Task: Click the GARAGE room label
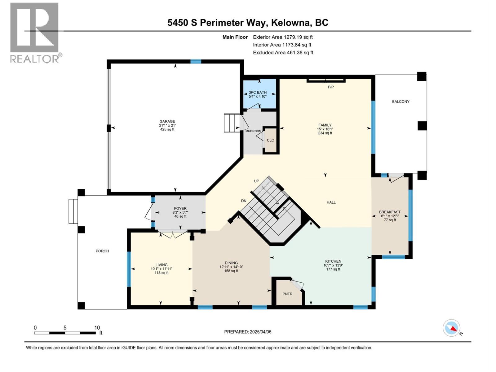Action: click(167, 122)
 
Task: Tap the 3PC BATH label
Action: click(258, 92)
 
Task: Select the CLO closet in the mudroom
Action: click(270, 140)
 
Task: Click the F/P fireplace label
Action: click(331, 87)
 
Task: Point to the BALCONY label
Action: click(401, 102)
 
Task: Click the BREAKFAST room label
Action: click(390, 212)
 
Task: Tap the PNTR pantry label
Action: click(287, 294)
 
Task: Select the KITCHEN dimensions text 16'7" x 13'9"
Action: click(333, 265)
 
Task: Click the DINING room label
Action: click(231, 263)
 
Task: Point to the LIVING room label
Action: click(162, 265)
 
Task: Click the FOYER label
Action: click(180, 209)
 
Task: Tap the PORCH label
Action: click(102, 251)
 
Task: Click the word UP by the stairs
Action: click(256, 181)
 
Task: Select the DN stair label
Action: click(244, 201)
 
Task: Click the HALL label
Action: click(331, 202)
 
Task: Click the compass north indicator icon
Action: click(452, 328)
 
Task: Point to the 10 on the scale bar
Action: click(97, 328)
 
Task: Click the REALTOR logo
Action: click(35, 33)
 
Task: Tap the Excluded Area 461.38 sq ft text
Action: click(283, 53)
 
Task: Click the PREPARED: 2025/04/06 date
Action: click(248, 332)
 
